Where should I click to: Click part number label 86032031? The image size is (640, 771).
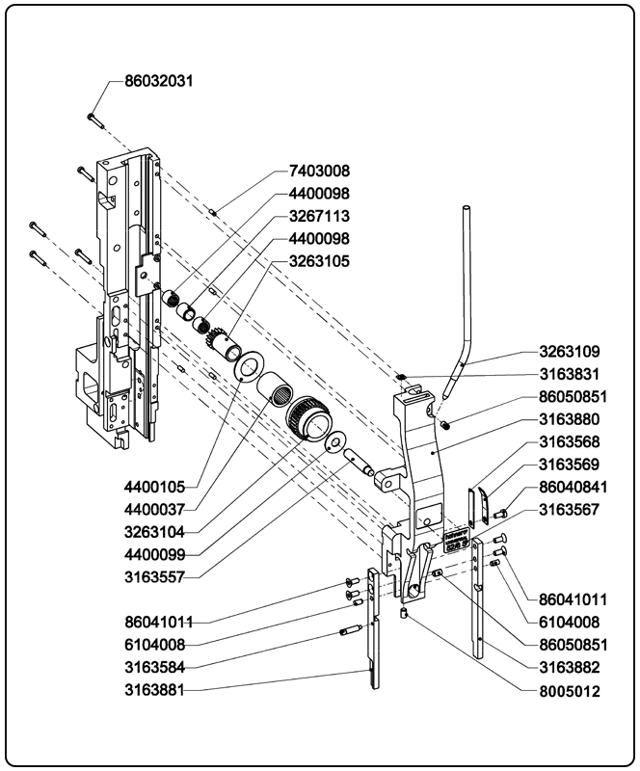click(159, 82)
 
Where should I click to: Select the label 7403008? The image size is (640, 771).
click(318, 171)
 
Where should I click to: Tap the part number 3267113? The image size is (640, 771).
click(318, 216)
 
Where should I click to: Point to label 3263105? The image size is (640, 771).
click(318, 261)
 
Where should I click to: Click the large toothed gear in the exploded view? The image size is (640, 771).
click(307, 418)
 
